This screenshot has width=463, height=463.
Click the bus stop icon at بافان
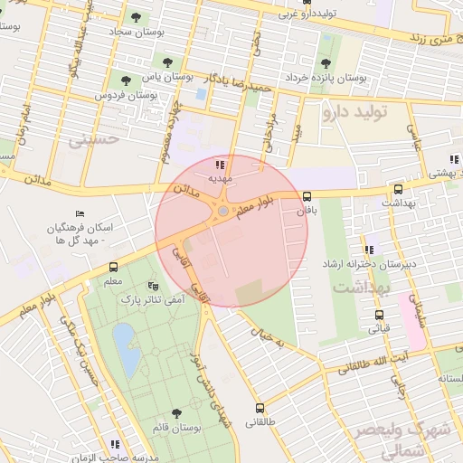point(307,195)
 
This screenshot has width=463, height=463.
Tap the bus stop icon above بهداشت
point(398,190)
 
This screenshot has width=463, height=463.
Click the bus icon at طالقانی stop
point(260,408)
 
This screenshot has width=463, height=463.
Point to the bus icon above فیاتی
point(379,315)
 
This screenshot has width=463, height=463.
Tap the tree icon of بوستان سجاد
point(136,16)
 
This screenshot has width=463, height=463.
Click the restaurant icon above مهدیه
point(220,164)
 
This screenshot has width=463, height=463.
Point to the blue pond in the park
point(126,350)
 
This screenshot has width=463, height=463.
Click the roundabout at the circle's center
point(223,213)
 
